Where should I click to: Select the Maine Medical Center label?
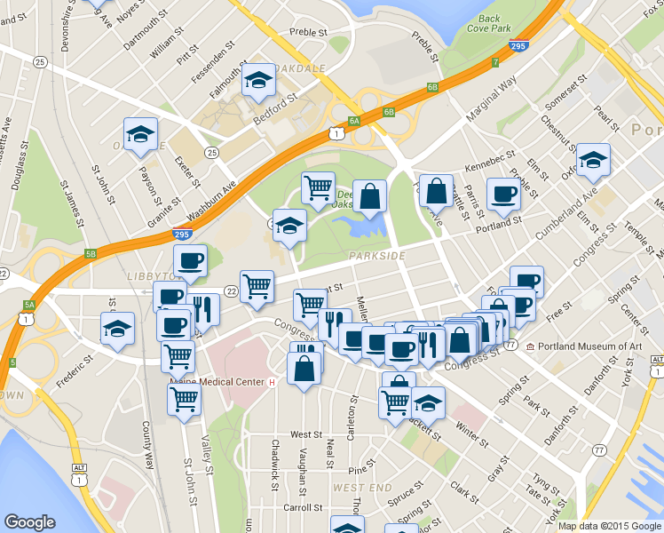pyautogui.click(x=217, y=382)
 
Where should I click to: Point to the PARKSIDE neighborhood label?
pyautogui.click(x=376, y=256)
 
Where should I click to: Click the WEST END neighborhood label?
pyautogui.click(x=362, y=488)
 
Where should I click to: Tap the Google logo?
pyautogui.click(x=29, y=522)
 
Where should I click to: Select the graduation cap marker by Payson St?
pyautogui.click(x=140, y=134)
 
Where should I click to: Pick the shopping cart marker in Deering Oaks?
pyautogui.click(x=317, y=187)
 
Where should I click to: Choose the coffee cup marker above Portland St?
pyautogui.click(x=504, y=194)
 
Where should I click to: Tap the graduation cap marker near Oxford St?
pyautogui.click(x=593, y=161)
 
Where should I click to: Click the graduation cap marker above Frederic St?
pyautogui.click(x=117, y=329)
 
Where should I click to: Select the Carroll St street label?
pyautogui.click(x=302, y=507)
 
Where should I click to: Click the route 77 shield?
pyautogui.click(x=601, y=450)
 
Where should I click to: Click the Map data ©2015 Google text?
pyautogui.click(x=610, y=526)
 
